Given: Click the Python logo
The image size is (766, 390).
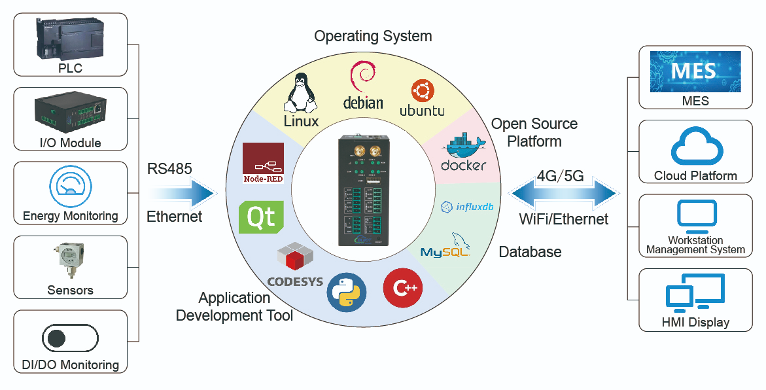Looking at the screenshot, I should pos(345,291).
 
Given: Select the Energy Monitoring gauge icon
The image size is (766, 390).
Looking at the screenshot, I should pos(69,187).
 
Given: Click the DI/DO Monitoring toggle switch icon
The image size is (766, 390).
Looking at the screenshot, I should pos(70,338).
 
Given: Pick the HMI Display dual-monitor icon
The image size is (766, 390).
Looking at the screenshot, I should pos(695,292).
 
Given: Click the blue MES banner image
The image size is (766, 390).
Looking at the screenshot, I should pos(695,71).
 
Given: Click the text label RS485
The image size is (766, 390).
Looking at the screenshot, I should pos(169,169).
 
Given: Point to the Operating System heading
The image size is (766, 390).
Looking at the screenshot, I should pos(373,36).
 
